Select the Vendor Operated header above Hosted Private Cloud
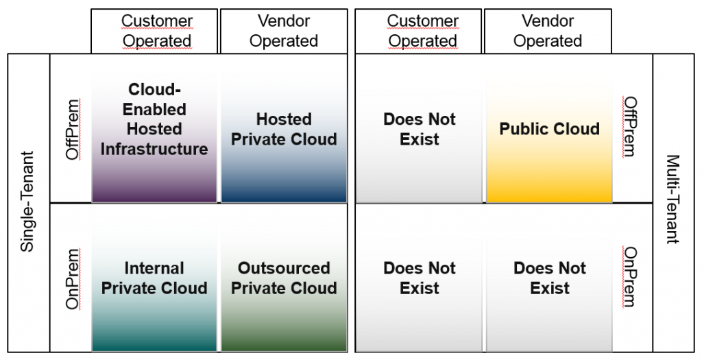point(284,31)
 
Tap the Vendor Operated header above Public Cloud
point(548,31)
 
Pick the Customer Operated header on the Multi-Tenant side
point(422,31)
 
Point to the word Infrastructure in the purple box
point(154,149)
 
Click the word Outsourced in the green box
point(284,268)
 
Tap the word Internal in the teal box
point(154,268)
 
